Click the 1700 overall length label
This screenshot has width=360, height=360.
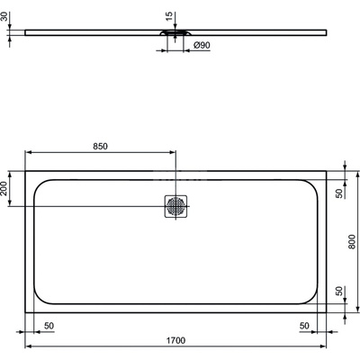[175, 340]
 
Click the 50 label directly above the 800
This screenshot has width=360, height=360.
[339, 193]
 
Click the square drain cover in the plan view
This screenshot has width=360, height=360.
[175, 207]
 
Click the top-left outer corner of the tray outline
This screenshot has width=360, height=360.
[25, 170]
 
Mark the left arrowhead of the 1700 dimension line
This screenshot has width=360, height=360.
[29, 346]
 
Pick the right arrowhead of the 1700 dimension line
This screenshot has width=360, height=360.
[324, 346]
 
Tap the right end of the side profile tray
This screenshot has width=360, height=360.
[326, 34]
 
